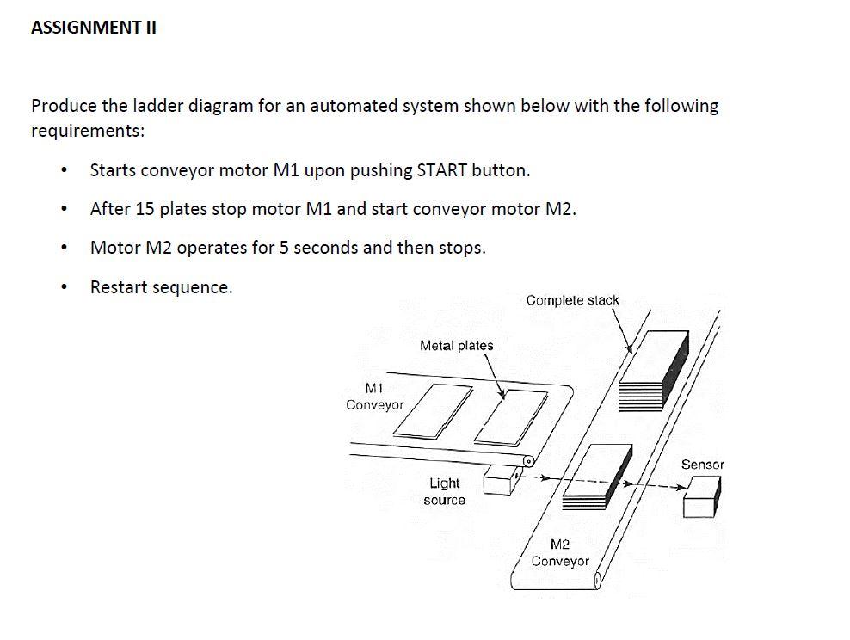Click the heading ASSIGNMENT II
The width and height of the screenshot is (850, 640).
[x=93, y=28]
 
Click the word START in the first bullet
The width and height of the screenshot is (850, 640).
[x=442, y=170]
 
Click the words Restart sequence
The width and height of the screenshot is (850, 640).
[x=161, y=287]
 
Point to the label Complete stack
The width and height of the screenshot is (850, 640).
[x=572, y=300]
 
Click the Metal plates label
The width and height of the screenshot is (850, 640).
[x=456, y=346]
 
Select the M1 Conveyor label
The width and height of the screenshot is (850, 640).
[x=374, y=397]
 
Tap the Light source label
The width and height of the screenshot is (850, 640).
[x=444, y=491]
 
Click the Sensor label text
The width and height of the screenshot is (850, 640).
[x=702, y=465]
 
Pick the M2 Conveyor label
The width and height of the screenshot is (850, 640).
[x=559, y=552]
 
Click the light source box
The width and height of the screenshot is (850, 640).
[x=500, y=481]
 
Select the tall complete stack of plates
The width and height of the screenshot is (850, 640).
[x=655, y=371]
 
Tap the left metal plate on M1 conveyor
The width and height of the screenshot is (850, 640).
[x=434, y=411]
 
